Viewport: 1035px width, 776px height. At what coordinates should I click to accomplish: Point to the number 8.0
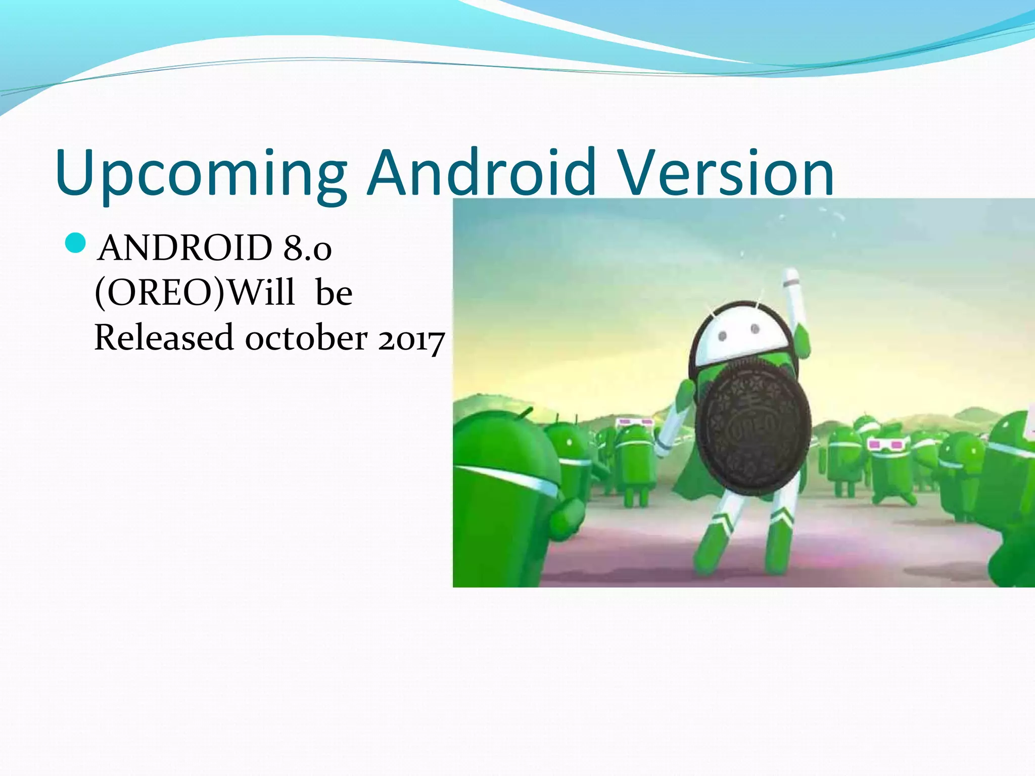307,248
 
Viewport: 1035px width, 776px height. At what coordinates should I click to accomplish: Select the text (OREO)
159,293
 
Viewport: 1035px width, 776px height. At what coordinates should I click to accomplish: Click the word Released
164,337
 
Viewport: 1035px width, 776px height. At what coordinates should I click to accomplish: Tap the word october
306,337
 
